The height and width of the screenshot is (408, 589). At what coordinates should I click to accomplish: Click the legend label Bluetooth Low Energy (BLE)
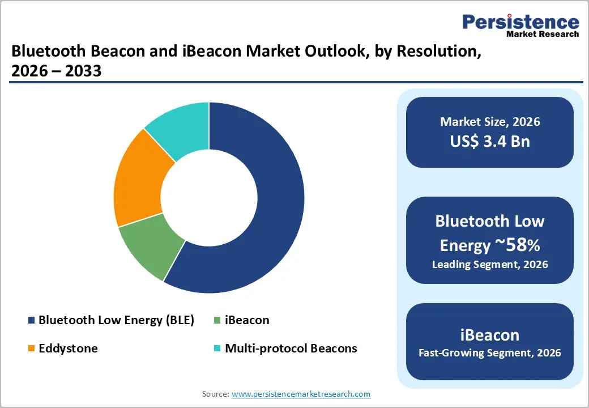pyautogui.click(x=116, y=320)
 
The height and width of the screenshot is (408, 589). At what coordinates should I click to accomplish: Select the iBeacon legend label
pyautogui.click(x=247, y=320)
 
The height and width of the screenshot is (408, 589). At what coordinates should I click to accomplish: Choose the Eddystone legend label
pyautogui.click(x=68, y=348)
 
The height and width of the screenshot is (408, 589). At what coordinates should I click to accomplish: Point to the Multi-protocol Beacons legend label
pyautogui.click(x=291, y=348)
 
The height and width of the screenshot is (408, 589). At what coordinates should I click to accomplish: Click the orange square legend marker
pyautogui.click(x=32, y=349)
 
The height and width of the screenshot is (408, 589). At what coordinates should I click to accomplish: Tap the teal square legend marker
pyautogui.click(x=217, y=349)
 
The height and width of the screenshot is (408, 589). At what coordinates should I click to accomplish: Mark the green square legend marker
pyautogui.click(x=217, y=321)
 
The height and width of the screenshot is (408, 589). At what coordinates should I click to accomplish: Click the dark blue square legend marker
pyautogui.click(x=32, y=321)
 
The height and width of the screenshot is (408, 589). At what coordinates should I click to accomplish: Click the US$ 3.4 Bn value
pyautogui.click(x=490, y=141)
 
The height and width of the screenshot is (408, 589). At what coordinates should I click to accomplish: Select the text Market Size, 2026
pyautogui.click(x=490, y=122)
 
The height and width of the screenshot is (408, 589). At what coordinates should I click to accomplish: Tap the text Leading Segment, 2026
pyautogui.click(x=490, y=265)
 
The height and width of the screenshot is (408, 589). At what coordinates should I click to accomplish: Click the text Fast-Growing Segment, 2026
pyautogui.click(x=490, y=353)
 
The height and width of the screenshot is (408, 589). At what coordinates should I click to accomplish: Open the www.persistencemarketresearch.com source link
pyautogui.click(x=301, y=394)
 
